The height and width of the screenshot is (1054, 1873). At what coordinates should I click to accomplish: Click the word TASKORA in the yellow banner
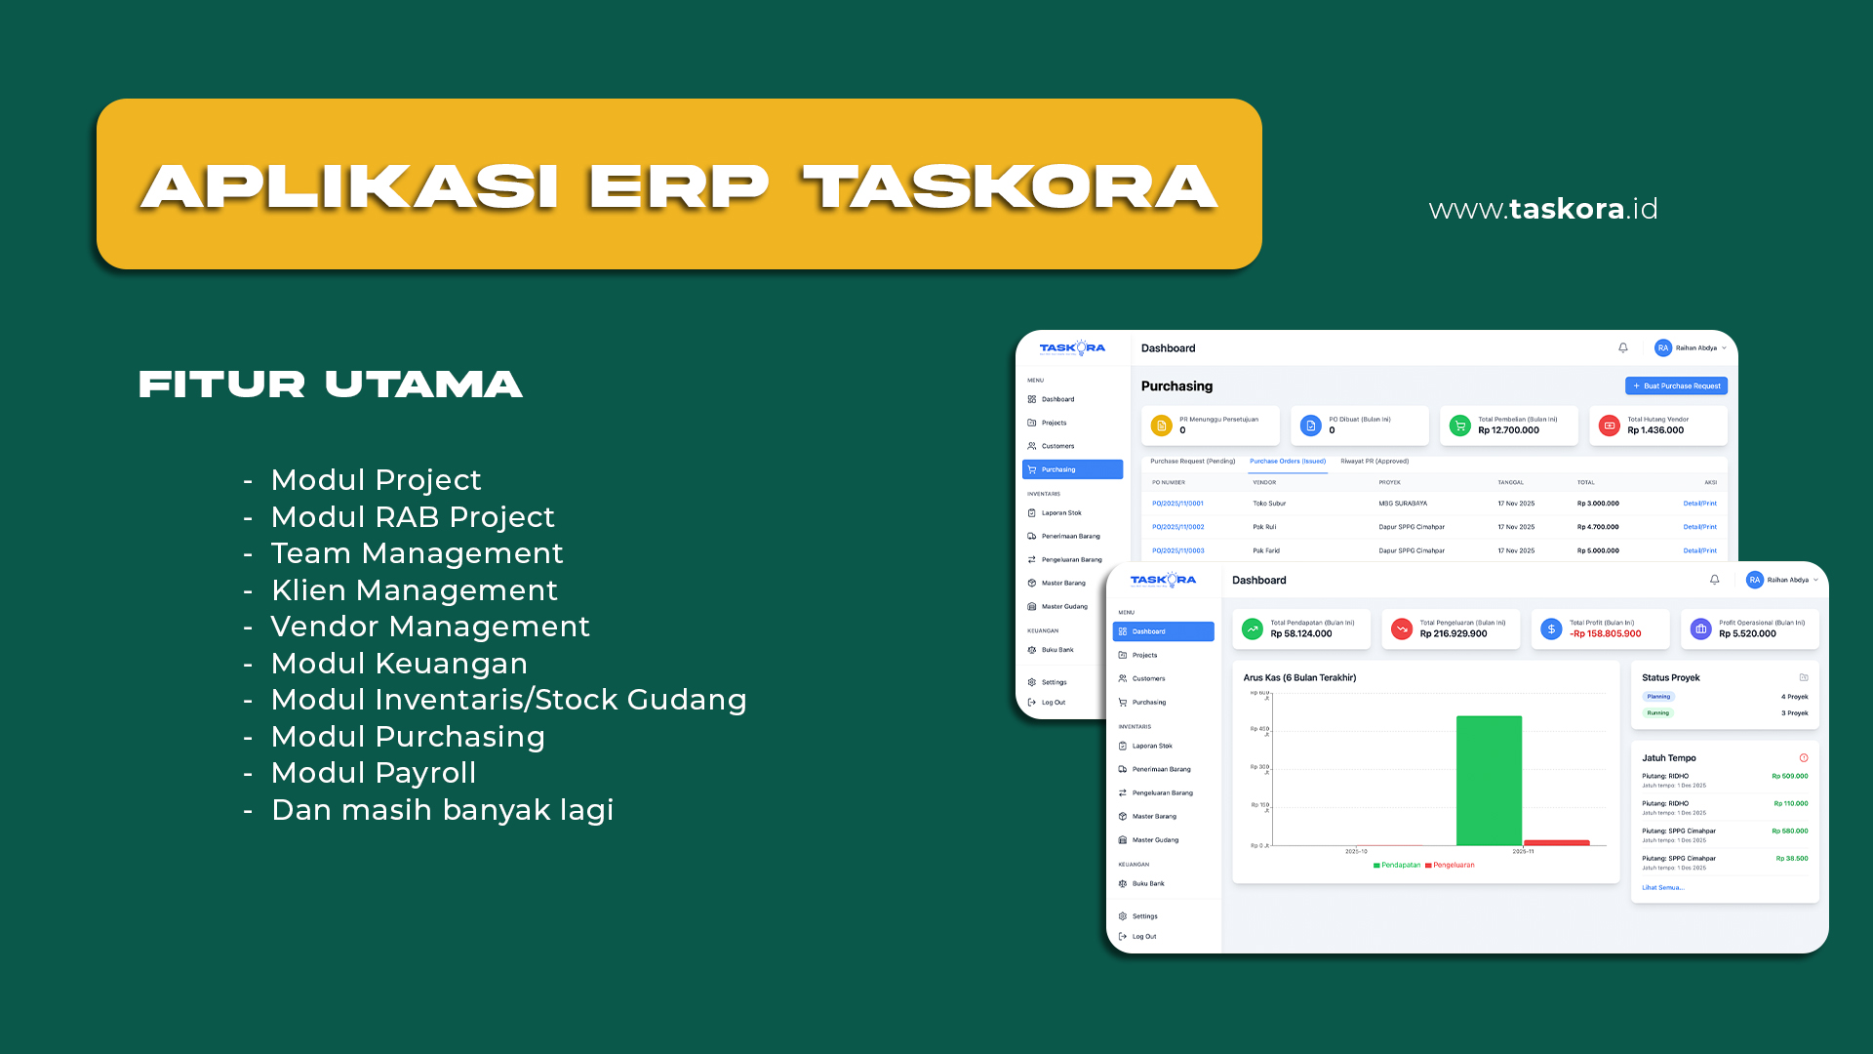(x=1010, y=186)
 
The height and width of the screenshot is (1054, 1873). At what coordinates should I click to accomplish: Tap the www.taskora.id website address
(x=1542, y=209)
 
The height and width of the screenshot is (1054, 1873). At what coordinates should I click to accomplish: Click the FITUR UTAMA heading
(x=331, y=384)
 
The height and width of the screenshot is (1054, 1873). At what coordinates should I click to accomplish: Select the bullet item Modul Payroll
(x=373, y=773)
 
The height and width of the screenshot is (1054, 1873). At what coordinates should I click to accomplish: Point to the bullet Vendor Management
(x=430, y=627)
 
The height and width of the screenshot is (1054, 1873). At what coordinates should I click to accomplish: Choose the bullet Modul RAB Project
(x=413, y=517)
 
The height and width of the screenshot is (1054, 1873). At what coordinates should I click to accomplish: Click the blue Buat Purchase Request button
(x=1676, y=385)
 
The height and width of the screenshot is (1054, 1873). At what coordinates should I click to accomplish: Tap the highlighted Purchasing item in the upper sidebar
(x=1072, y=469)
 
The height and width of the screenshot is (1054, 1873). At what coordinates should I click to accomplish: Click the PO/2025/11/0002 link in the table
(x=1177, y=527)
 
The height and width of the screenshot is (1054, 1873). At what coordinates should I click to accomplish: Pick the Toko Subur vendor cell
(x=1269, y=504)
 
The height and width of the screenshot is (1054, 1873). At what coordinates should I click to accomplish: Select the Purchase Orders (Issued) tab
(x=1288, y=462)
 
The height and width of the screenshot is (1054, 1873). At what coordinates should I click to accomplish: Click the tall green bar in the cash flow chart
(x=1489, y=780)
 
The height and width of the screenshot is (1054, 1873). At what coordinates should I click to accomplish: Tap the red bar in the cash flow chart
(x=1556, y=842)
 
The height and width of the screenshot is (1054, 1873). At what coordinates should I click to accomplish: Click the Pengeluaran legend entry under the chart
(x=1453, y=866)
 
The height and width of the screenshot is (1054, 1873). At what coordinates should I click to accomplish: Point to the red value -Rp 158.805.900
(x=1605, y=634)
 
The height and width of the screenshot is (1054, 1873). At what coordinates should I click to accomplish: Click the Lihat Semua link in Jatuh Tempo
(x=1662, y=888)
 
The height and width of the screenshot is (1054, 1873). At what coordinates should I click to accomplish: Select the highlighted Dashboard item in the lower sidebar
(x=1163, y=631)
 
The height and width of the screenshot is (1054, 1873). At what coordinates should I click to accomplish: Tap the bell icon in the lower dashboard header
(x=1714, y=580)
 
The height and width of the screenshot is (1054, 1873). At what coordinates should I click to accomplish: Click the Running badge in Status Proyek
(x=1658, y=713)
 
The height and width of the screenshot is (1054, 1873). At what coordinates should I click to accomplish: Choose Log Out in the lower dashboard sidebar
(x=1143, y=937)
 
